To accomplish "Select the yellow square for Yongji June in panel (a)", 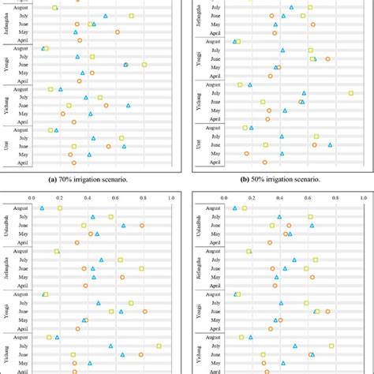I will tap(144, 65).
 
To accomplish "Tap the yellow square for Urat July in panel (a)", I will tap(122, 138).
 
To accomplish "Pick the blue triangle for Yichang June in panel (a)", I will tap(128, 105).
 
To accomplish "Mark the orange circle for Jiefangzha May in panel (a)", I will tap(118, 32).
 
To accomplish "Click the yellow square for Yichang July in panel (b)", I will tap(350, 93).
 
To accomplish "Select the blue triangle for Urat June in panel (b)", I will tap(330, 145).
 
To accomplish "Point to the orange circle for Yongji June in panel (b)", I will tap(327, 58).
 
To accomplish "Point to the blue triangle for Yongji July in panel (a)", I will tap(77, 57).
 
